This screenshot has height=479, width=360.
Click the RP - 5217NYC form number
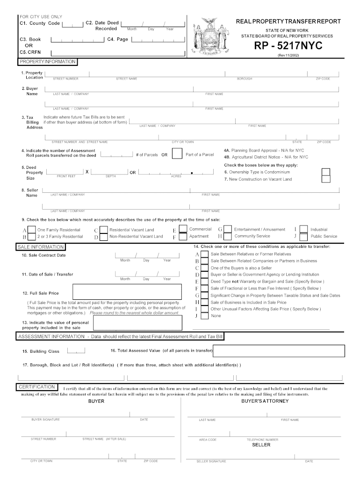(x=288, y=46)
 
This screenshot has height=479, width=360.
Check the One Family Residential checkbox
(x=31, y=230)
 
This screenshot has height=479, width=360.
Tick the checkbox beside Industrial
(x=303, y=230)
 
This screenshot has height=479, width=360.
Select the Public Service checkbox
(x=303, y=237)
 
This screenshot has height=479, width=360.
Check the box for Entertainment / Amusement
(x=228, y=229)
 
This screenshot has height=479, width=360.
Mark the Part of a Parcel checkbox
(x=177, y=154)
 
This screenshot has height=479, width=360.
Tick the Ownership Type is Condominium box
(x=326, y=172)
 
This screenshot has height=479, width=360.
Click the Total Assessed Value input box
(x=279, y=350)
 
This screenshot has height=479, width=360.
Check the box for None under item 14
(x=204, y=316)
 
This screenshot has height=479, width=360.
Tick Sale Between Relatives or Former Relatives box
(x=204, y=254)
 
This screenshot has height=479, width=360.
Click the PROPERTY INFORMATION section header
(x=47, y=62)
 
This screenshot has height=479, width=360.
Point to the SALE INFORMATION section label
(x=41, y=247)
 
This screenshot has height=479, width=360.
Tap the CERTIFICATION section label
(x=37, y=387)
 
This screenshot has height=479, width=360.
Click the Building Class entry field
(x=76, y=351)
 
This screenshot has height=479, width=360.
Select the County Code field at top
(x=72, y=24)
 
